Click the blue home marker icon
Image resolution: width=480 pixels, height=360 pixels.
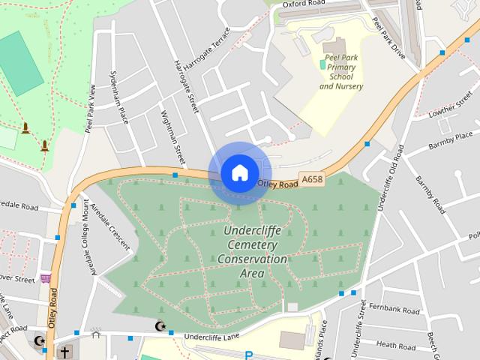238,173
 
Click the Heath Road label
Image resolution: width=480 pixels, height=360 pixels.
396,346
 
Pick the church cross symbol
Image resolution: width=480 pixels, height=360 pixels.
65,351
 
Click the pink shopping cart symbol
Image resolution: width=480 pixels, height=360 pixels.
46,278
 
